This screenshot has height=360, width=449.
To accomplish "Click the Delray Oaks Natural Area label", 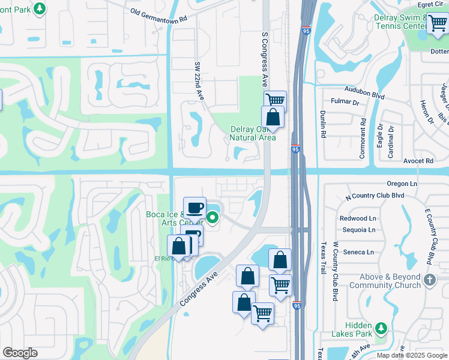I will pos(253,133).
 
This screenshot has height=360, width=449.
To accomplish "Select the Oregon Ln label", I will pos(402,184).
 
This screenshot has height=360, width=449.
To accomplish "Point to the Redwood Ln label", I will pos(357,218).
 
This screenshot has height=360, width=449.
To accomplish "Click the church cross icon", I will pos(429,280).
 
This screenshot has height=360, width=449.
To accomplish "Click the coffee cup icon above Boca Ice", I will pos(194,208).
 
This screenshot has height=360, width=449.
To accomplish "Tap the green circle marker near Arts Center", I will pos(212,217).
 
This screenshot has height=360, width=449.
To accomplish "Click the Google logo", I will pos(20,353).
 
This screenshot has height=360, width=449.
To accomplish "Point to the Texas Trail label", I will pos(323,259).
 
